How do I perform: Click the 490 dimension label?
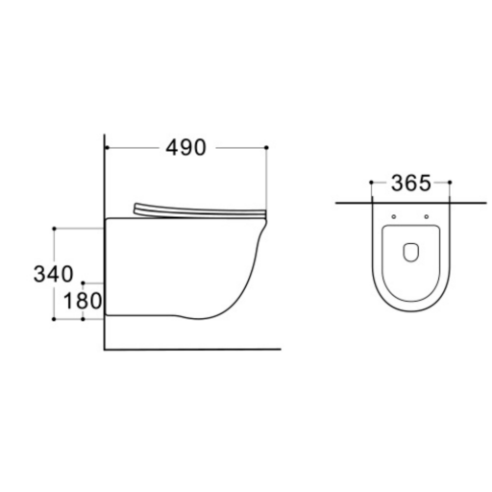(185, 148)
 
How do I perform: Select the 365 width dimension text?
(411, 184)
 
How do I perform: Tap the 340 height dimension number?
(54, 274)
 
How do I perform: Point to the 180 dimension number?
(83, 301)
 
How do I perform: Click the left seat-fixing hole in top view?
(394, 217)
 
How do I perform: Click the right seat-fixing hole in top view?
(427, 217)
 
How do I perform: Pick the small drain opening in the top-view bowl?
(410, 253)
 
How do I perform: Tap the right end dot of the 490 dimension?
(266, 148)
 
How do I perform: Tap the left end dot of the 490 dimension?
(108, 148)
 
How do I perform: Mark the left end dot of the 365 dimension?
(371, 183)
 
